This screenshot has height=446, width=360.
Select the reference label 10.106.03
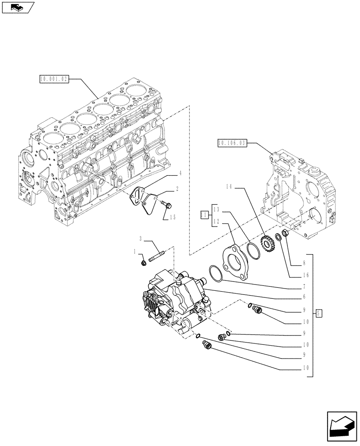click(x=231, y=143)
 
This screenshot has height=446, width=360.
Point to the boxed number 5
click(x=319, y=313)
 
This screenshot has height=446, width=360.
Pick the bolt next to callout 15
click(x=168, y=205)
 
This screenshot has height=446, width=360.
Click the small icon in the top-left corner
click(x=17, y=8)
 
